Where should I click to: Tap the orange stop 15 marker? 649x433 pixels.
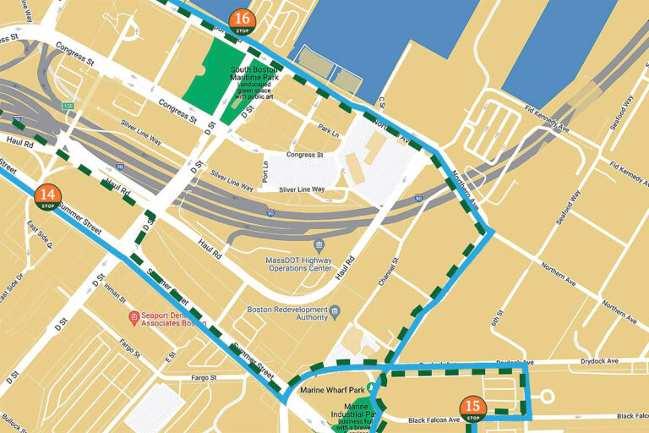(473, 409)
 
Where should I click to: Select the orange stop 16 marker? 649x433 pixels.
(243, 21)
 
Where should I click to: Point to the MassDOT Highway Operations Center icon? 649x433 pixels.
(319, 244)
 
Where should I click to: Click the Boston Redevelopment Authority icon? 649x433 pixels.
(335, 310)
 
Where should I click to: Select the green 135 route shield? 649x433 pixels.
(68, 107)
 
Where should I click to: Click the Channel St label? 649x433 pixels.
(395, 270)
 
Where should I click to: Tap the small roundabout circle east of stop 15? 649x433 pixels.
(545, 397)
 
